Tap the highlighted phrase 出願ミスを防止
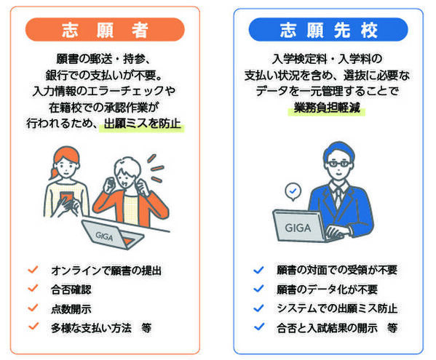click(144, 123)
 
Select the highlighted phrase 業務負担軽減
click(328, 108)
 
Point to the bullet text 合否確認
click(71, 289)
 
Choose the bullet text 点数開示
click(71, 308)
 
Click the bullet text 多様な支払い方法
click(91, 327)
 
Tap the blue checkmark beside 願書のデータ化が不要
click(257, 289)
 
